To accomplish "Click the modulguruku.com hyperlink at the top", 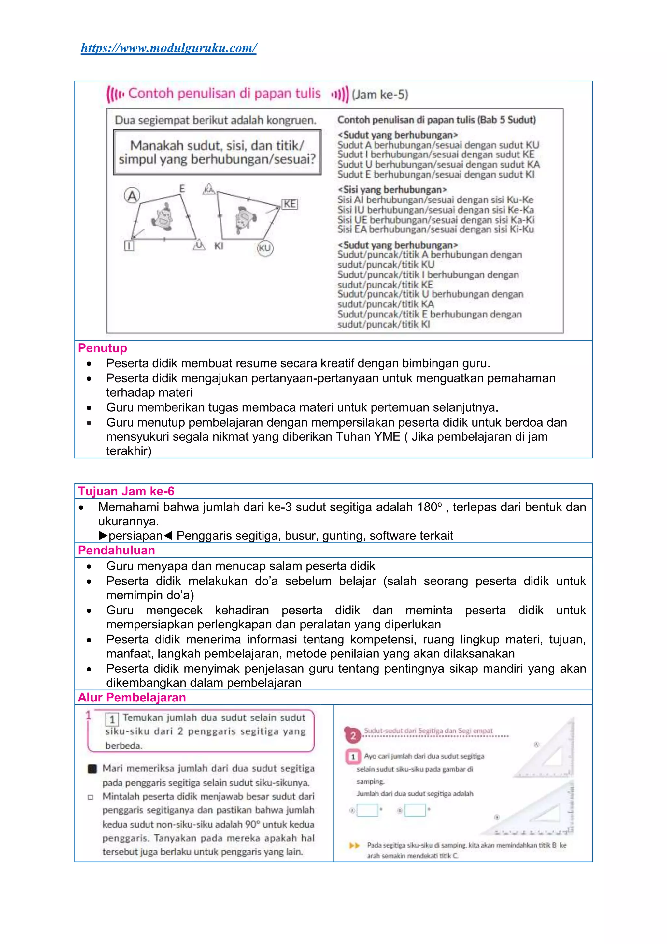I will tap(169, 48).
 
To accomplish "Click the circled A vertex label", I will tap(132, 196).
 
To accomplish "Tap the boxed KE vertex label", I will tap(290, 204).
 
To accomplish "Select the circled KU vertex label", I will tap(265, 248).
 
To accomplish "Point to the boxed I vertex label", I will tap(129, 246).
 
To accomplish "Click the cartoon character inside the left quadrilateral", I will tap(163, 217).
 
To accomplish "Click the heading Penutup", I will tap(103, 348).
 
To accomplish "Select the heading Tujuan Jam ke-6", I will tap(126, 491).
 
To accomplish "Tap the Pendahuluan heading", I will tap(117, 550).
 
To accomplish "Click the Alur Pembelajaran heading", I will tap(132, 697).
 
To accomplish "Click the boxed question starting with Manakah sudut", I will tap(217, 153).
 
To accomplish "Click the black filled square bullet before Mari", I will tap(92, 768).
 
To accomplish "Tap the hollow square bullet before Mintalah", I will tap(90, 797).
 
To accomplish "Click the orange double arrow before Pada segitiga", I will tap(354, 845).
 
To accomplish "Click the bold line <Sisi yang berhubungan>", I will tap(392, 189).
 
